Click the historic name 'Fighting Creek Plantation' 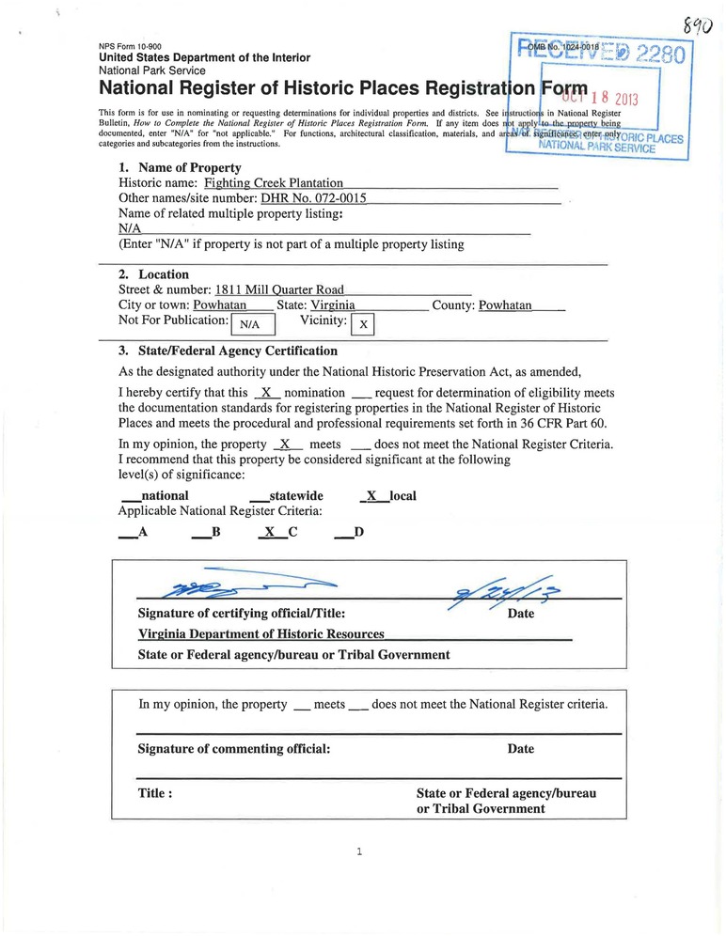(x=274, y=183)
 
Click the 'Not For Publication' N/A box (x=253, y=324)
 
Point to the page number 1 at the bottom (x=360, y=852)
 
